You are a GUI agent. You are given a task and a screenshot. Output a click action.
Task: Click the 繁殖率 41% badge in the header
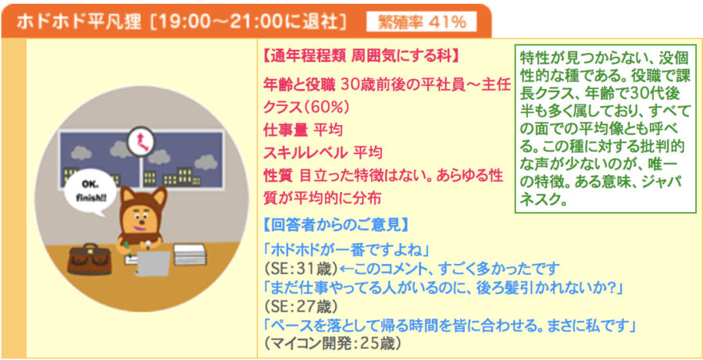point(422,23)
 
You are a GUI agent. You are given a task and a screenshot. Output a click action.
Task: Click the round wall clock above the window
point(141,141)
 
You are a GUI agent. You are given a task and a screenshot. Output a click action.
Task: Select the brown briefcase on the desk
point(90,258)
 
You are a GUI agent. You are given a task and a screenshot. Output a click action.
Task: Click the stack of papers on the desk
point(190,255)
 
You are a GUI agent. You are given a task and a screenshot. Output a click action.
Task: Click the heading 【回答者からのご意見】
point(336,225)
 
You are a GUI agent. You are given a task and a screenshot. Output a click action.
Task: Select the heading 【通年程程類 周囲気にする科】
point(359,57)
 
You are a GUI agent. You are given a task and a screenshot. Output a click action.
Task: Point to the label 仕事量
point(285,130)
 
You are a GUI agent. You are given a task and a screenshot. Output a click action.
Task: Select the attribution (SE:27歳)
point(300,307)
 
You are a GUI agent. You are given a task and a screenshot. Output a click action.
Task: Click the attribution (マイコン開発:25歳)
point(331,344)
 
